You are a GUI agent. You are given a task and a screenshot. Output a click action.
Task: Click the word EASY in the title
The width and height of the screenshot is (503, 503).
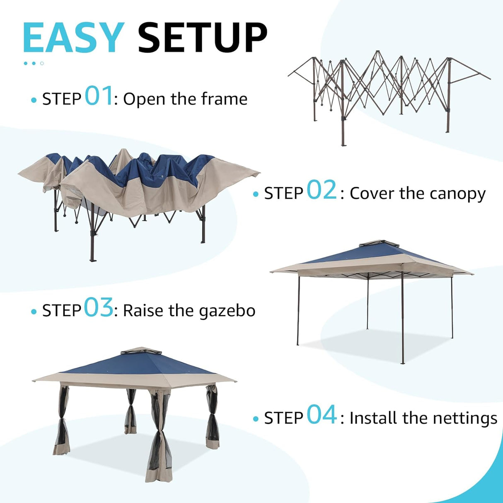[x=73, y=38]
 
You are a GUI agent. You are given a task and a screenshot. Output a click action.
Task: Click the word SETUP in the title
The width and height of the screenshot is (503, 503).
[x=202, y=38]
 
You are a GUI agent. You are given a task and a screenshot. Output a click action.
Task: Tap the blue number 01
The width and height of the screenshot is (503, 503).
[x=99, y=96]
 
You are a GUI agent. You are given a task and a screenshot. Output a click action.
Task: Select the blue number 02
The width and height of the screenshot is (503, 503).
[x=322, y=190]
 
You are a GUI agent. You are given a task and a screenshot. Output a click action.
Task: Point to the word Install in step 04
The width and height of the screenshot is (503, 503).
[x=373, y=418]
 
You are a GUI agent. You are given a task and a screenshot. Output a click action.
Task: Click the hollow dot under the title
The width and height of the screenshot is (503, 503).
[x=42, y=63]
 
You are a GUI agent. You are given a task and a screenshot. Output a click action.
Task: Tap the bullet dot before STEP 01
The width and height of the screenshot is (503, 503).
[x=34, y=100]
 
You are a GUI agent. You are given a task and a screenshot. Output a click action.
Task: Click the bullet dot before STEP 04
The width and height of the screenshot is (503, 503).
[x=256, y=419]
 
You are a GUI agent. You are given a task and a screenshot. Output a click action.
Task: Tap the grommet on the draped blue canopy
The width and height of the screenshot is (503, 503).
[x=162, y=177]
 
